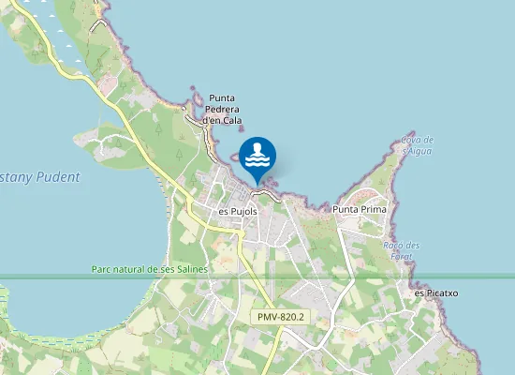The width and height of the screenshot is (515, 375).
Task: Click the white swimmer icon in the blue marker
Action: tap(257, 153)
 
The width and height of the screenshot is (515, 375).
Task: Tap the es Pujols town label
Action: tap(238, 211)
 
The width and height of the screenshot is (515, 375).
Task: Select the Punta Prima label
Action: tap(360, 209)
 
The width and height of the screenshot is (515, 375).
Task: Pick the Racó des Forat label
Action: tap(402, 250)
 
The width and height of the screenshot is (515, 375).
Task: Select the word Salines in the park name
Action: tap(189, 269)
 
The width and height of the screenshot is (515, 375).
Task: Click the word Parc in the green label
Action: tap(102, 269)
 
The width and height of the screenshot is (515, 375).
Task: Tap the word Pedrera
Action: tap(225, 109)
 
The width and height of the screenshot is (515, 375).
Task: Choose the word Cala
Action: tap(232, 120)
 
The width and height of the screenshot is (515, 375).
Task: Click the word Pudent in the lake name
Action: tap(58, 176)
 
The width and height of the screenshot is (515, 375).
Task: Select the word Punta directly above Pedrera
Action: tap(222, 97)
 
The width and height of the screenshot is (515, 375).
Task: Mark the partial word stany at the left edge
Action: tap(16, 176)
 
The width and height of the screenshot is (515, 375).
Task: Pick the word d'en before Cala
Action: tap(212, 120)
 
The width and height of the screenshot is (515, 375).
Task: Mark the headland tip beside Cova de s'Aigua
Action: tap(409, 134)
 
